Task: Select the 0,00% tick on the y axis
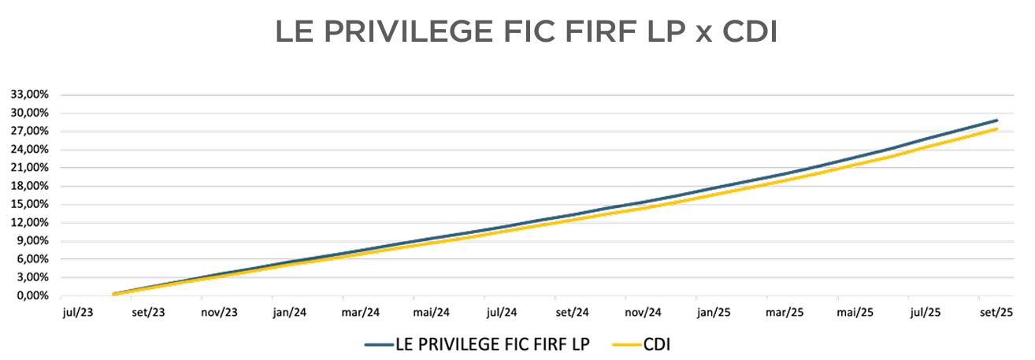pyautogui.click(x=33, y=296)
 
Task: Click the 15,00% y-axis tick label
pyautogui.click(x=31, y=205)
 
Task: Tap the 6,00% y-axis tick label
pyautogui.click(x=33, y=259)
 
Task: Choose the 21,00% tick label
pyautogui.click(x=31, y=168)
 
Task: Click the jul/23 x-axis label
pyautogui.click(x=77, y=313)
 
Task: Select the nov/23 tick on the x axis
pyautogui.click(x=219, y=313)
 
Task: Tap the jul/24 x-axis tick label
pyautogui.click(x=502, y=313)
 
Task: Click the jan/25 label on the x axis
pyautogui.click(x=714, y=313)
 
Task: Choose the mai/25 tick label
pyautogui.click(x=855, y=313)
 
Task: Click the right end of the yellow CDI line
pyautogui.click(x=997, y=129)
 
